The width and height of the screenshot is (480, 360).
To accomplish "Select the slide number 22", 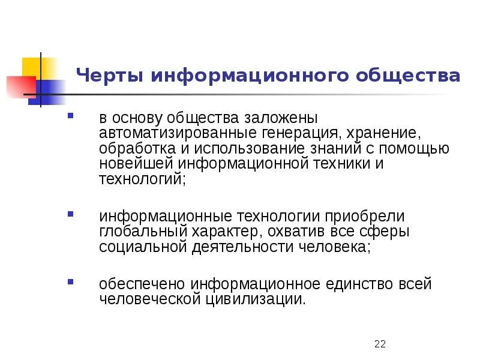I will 379,344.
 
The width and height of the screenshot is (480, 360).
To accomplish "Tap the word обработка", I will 128,148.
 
